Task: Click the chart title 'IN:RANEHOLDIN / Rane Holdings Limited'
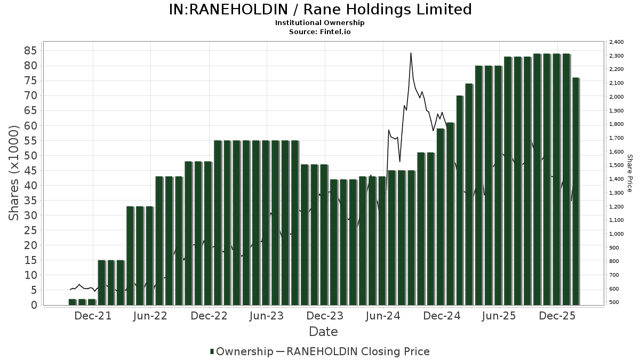320,10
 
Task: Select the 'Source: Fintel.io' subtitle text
320,31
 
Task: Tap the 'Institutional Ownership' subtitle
320,23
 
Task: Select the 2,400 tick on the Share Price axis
616,42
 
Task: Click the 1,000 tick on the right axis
616,234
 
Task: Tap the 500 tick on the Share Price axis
614,302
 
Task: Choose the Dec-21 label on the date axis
93,316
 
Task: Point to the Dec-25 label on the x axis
557,316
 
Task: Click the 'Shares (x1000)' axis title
14,172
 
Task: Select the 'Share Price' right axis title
629,173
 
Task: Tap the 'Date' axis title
323,332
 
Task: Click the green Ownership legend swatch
212,351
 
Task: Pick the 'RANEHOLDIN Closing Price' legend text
358,351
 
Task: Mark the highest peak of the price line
411,53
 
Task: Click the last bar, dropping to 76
575,192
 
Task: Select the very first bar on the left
73,302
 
